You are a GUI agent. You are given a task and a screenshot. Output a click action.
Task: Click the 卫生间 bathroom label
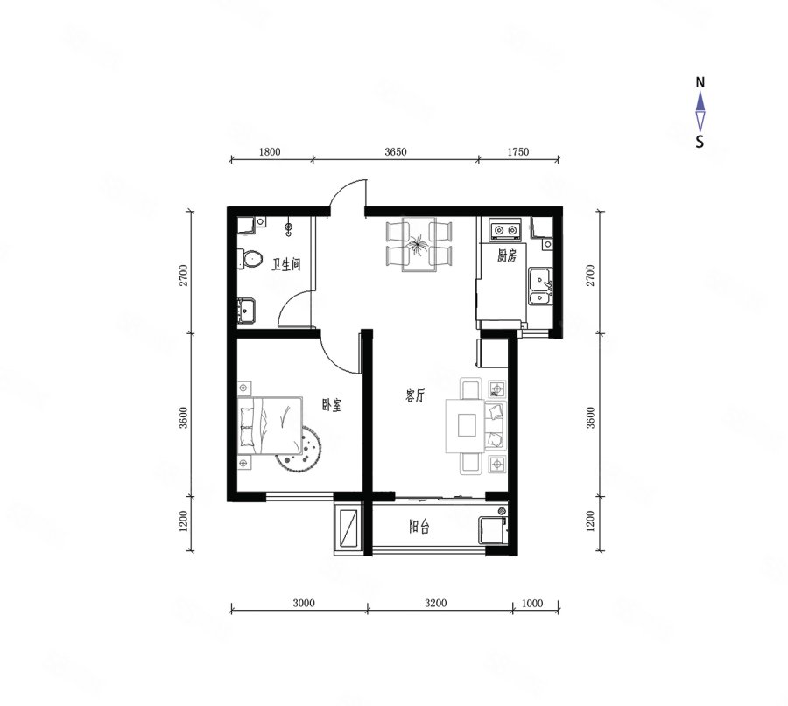click(x=286, y=264)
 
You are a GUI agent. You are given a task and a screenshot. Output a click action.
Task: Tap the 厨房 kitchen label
click(x=507, y=256)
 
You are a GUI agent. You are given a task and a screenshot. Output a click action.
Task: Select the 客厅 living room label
click(x=415, y=395)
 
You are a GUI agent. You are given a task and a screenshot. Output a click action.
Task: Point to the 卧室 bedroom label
click(x=331, y=405)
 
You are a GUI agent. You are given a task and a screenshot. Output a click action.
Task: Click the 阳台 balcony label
click(x=419, y=527)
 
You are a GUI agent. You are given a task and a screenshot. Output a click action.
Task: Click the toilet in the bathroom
click(x=250, y=259)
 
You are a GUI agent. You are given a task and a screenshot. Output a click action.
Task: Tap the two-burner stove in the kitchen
click(x=505, y=230)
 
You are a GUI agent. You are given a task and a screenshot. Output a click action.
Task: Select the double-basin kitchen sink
click(x=540, y=286)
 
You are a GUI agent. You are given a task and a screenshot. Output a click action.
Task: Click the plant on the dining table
click(x=419, y=246)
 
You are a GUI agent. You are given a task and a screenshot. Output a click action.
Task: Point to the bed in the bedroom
click(x=271, y=425)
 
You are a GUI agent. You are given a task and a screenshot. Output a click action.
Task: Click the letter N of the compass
click(x=700, y=82)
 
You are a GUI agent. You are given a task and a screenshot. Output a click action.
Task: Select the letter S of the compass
click(x=700, y=142)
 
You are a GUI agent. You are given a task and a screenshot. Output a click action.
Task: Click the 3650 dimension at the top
click(x=396, y=151)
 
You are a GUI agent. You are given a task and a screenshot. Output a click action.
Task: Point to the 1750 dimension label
click(x=518, y=151)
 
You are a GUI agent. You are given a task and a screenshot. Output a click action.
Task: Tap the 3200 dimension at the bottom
click(x=435, y=603)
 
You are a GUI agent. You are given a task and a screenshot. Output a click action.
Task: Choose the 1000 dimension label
click(x=532, y=603)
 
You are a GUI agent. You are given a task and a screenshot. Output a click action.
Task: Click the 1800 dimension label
click(x=270, y=151)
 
